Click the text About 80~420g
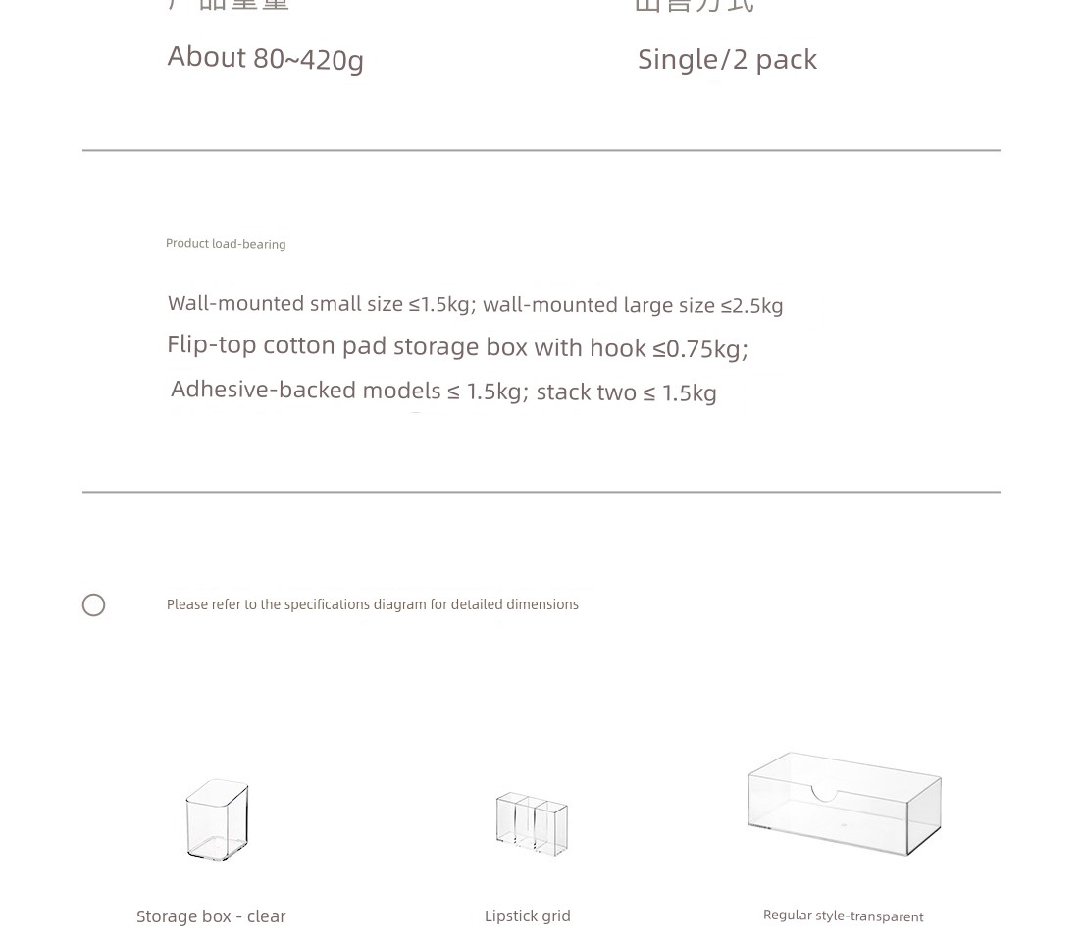[265, 58]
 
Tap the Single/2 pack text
[727, 59]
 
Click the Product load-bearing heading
[226, 244]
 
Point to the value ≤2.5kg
[751, 305]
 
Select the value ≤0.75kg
[699, 348]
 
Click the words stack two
[586, 392]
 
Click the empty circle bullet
[93, 604]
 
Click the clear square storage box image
[218, 819]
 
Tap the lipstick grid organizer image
[531, 822]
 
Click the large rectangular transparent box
[844, 803]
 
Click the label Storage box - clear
[211, 916]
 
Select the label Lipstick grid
[527, 916]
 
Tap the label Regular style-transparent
[843, 916]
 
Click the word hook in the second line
[617, 348]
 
